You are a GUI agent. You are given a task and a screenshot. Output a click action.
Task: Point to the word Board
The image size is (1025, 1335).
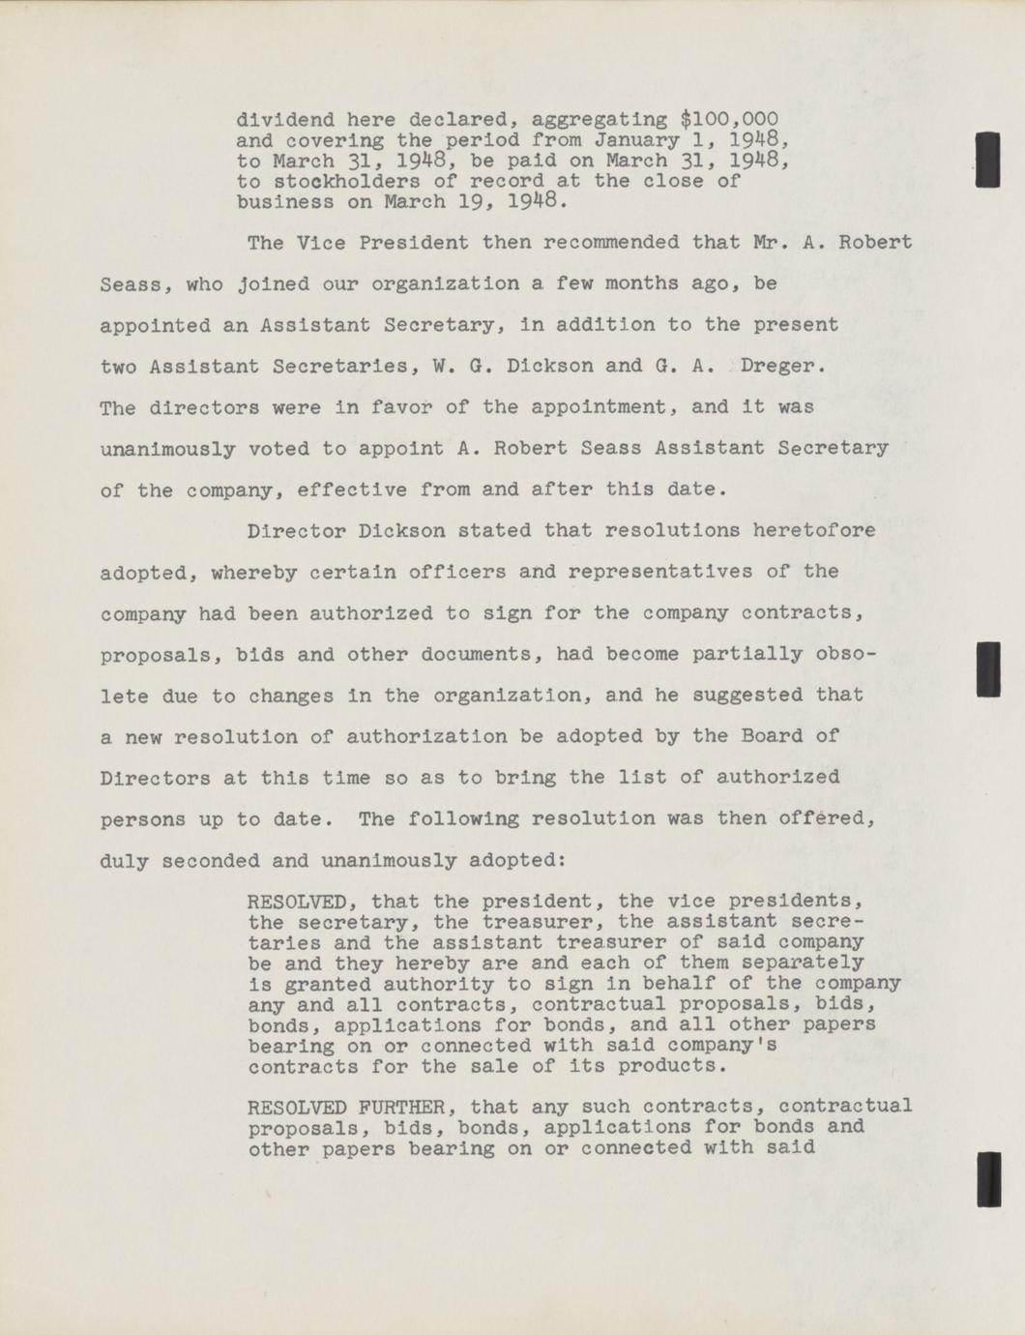pyautogui.click(x=773, y=736)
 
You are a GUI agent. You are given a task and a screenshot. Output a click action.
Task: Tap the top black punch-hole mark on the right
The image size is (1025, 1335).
pyautogui.click(x=987, y=160)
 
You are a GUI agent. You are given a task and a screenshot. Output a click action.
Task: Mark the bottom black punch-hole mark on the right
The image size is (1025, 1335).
pyautogui.click(x=987, y=1179)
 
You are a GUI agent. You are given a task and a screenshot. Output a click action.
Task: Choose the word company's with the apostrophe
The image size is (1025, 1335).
pyautogui.click(x=722, y=1046)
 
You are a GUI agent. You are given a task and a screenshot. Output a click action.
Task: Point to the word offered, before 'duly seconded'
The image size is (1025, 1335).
pyautogui.click(x=833, y=818)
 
